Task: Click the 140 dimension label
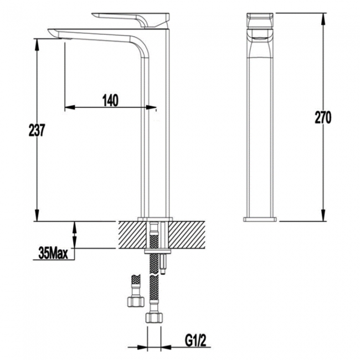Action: tap(111, 100)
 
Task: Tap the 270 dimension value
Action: tap(323, 117)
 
